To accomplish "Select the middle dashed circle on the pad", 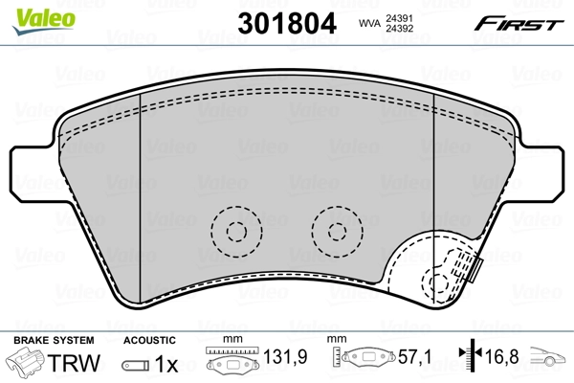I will (x=335, y=230).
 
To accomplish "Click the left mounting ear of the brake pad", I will (x=34, y=170).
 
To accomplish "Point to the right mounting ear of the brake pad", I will (x=541, y=170).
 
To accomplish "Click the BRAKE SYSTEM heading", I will (x=53, y=340).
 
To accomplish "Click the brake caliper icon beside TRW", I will (x=27, y=364).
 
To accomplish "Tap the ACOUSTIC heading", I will (x=149, y=340).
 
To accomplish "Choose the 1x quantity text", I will (x=167, y=365).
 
